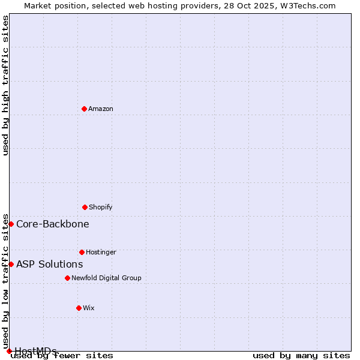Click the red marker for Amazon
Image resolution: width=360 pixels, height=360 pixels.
pyautogui.click(x=84, y=109)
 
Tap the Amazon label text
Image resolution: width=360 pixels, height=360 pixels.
pyautogui.click(x=101, y=109)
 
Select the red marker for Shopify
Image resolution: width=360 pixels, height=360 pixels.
pyautogui.click(x=85, y=207)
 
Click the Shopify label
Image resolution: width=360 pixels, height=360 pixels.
pyautogui.click(x=101, y=207)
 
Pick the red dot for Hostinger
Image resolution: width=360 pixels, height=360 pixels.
pyautogui.click(x=82, y=252)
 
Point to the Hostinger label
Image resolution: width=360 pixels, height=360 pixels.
pyautogui.click(x=101, y=252)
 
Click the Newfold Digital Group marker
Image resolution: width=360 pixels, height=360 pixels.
pyautogui.click(x=67, y=278)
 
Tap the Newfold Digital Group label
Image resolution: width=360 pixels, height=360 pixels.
pyautogui.click(x=106, y=278)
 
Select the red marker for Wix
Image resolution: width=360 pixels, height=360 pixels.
pyautogui.click(x=79, y=308)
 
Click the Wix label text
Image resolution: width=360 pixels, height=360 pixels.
pyautogui.click(x=89, y=308)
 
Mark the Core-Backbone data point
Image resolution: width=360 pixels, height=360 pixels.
pyautogui.click(x=11, y=224)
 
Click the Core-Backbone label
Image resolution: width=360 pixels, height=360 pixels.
pyautogui.click(x=53, y=224)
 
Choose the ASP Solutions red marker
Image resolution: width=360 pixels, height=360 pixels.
pyautogui.click(x=11, y=264)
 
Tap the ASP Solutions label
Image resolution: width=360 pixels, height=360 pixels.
pyautogui.click(x=50, y=264)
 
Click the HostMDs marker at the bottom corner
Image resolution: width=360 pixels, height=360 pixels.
pyautogui.click(x=9, y=351)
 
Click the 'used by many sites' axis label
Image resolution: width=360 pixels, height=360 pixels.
pyautogui.click(x=301, y=356)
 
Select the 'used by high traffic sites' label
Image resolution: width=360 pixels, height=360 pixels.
pyautogui.click(x=5, y=85)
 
